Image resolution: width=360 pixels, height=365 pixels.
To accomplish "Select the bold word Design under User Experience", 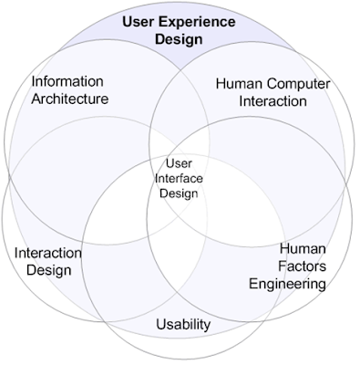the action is [x=179, y=40].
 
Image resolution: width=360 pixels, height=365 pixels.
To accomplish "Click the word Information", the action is [x=67, y=81].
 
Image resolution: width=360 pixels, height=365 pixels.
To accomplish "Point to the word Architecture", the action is [x=70, y=99].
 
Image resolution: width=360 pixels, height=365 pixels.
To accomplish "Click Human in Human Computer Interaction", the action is [x=239, y=84].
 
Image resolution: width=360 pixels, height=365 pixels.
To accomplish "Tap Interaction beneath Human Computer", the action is [x=273, y=101].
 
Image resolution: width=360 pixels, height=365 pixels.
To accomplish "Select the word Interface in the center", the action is [x=179, y=178].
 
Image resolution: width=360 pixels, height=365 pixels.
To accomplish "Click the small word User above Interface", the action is [x=179, y=163].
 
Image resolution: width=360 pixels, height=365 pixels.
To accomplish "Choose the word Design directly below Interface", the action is [x=179, y=193].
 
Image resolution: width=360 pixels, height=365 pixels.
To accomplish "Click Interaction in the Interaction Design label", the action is [x=48, y=253].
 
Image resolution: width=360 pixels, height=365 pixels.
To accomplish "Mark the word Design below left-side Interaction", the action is [x=49, y=270].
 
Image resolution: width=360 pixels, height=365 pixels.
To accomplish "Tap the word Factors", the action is [x=302, y=266].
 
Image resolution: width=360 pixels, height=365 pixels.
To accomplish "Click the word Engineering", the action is [x=288, y=284].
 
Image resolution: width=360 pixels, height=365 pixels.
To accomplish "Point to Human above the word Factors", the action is [x=303, y=249].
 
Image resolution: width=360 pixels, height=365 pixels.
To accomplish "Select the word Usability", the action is [x=183, y=325].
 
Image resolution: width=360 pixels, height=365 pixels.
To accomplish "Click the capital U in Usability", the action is [x=160, y=325].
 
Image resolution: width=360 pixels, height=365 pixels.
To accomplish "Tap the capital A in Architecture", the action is [x=36, y=99].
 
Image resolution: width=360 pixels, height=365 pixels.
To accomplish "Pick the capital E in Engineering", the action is [x=253, y=284].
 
